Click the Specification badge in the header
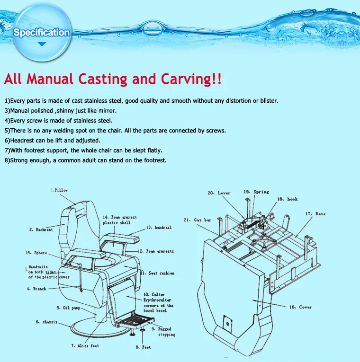click(42, 33)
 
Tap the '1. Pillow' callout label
click(60, 190)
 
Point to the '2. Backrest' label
click(41, 230)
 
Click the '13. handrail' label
click(159, 228)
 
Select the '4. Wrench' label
click(36, 289)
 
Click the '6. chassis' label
click(46, 322)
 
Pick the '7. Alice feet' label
click(85, 346)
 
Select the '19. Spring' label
click(256, 192)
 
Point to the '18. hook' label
click(288, 199)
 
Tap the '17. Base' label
click(315, 214)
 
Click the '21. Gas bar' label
click(197, 220)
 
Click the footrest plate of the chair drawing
click(135, 321)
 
